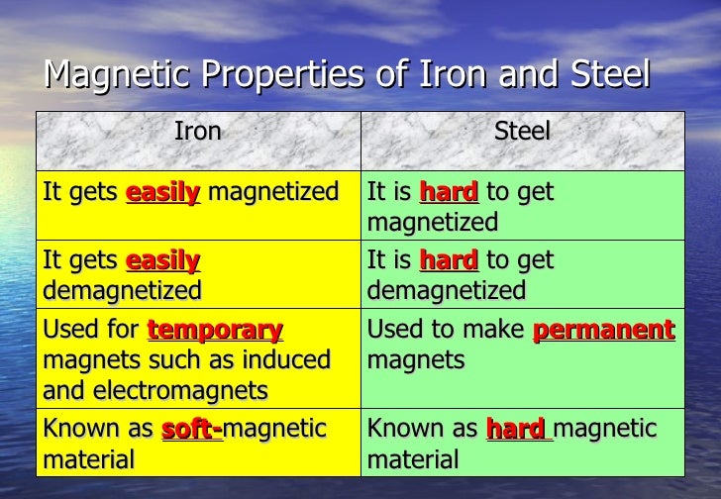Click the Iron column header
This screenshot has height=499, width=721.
197,132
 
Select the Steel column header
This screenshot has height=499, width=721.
522,132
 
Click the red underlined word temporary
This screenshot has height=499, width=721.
215,330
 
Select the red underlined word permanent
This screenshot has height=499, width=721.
603,330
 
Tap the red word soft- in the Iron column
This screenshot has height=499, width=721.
192,429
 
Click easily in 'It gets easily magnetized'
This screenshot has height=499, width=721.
162,192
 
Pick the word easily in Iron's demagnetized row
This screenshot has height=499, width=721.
162,260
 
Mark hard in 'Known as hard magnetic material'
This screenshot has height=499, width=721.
516,429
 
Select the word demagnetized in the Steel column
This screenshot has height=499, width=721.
446,291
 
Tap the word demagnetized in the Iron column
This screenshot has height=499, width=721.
122,291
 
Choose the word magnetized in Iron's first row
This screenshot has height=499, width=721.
272,192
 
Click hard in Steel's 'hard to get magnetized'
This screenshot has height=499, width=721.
449,192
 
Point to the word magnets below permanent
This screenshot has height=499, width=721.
415,360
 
